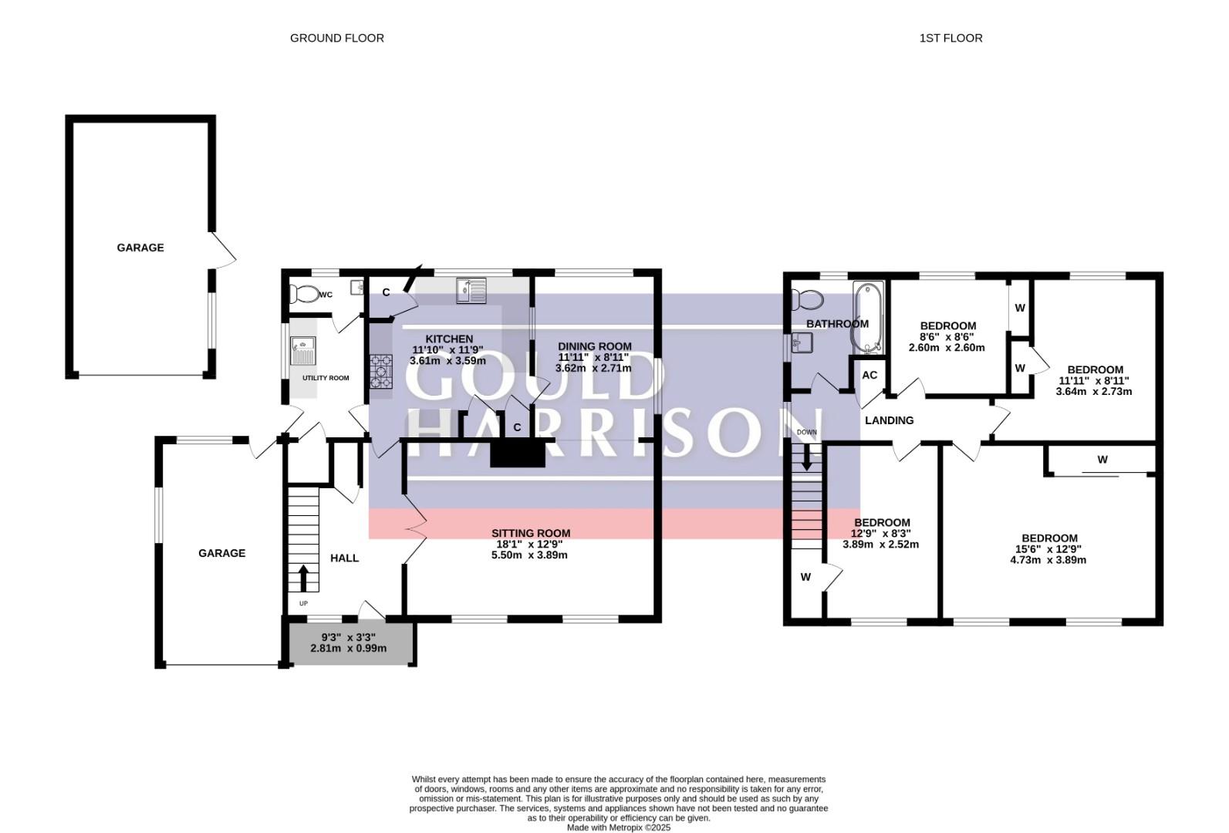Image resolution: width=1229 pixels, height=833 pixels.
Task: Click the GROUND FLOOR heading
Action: [337, 38]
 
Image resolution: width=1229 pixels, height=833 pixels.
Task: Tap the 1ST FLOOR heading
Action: [950, 38]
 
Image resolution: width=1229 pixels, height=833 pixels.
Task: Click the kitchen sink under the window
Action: [471, 290]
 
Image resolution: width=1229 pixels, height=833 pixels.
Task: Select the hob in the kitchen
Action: [381, 371]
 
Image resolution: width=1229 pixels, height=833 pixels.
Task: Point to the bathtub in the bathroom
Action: [867, 318]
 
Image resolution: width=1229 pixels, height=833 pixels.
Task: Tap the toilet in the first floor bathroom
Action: [807, 298]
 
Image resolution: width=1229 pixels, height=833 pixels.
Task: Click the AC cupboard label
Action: [869, 375]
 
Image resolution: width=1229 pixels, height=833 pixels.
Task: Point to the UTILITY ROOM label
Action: [326, 378]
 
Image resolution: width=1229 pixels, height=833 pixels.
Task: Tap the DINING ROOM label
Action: [595, 346]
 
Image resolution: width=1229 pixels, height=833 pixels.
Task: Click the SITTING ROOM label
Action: [531, 533]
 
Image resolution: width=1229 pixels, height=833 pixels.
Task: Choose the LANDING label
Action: [890, 420]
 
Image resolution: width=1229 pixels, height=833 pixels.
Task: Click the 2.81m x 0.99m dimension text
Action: [349, 648]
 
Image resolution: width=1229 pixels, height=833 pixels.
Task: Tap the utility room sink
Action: [303, 350]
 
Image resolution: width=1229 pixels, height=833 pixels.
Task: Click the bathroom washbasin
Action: [801, 342]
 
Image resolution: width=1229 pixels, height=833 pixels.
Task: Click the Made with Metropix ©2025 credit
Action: [618, 828]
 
